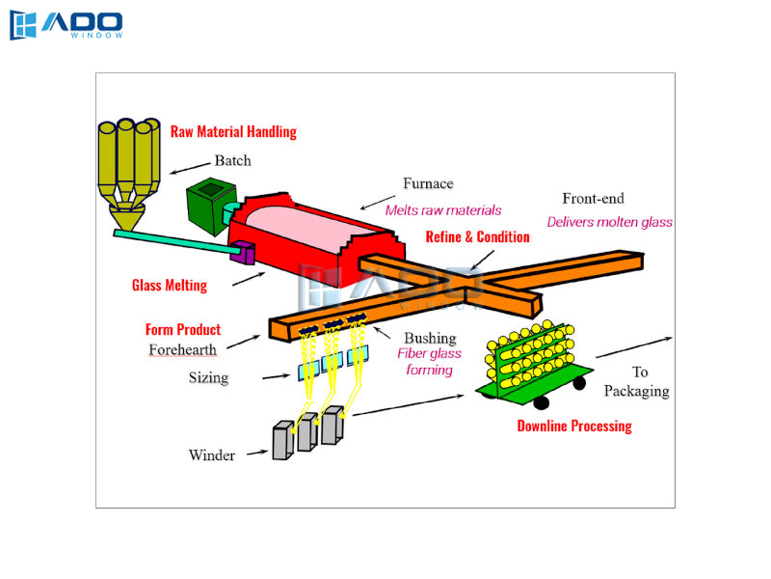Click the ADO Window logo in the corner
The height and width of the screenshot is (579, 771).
[66, 26]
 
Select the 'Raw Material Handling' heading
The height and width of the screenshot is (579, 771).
[233, 131]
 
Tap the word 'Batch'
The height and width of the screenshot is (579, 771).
[232, 160]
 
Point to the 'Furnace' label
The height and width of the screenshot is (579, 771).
[428, 183]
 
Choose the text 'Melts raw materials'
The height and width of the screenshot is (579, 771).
[443, 209]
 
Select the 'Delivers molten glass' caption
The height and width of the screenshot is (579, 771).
[609, 222]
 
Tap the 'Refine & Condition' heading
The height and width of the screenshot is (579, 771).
[478, 237]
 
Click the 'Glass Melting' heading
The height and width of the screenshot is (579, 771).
[169, 285]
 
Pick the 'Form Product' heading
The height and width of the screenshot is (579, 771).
[183, 330]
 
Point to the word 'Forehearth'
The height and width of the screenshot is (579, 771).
[183, 349]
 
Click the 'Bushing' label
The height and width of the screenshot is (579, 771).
[430, 338]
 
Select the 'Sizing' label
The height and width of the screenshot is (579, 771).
[208, 377]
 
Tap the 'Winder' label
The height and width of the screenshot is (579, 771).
[212, 455]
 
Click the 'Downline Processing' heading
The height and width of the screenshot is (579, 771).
[574, 426]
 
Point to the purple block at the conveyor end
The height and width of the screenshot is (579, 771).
[242, 256]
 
